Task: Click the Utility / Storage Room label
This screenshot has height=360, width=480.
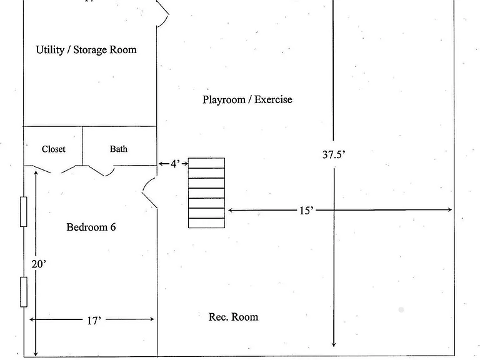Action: tap(86, 50)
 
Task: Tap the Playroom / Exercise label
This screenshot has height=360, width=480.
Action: tap(247, 99)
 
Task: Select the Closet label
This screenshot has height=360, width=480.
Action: tap(54, 149)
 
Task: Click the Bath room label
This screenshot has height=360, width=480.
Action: tap(119, 149)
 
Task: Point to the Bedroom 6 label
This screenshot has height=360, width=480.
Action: tap(91, 227)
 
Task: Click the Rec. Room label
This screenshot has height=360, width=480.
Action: tap(233, 317)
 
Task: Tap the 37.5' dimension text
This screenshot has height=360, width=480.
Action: tap(334, 154)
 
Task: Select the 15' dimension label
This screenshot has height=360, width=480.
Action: tap(306, 211)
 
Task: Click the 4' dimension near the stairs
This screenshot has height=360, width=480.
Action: tap(175, 164)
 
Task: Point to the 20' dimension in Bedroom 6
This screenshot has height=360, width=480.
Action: tap(39, 264)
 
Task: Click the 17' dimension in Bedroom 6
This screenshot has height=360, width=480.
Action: tap(94, 321)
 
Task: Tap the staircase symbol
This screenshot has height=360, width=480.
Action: tap(206, 193)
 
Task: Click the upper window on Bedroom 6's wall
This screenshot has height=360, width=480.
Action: tap(23, 212)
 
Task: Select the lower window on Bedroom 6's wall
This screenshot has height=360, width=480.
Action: tap(24, 292)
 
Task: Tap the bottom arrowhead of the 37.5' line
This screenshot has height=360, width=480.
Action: tap(334, 344)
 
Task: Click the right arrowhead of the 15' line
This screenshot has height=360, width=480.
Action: tap(450, 210)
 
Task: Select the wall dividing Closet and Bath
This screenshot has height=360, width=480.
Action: tap(82, 146)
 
